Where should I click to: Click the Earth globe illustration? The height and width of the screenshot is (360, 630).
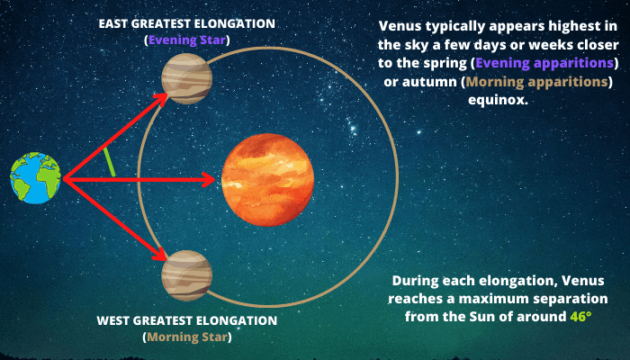[x=36, y=178]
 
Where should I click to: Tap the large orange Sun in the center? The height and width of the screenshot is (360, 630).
[x=267, y=180]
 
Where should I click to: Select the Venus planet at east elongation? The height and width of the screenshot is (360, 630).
[x=187, y=79]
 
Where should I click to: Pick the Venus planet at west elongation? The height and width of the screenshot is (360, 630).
[x=187, y=275]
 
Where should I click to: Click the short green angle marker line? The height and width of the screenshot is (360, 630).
[x=109, y=162]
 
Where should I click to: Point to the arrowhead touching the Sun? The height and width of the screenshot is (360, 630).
[x=209, y=180]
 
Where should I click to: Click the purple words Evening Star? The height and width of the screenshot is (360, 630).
[x=187, y=40]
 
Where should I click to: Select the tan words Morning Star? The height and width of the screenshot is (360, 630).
[x=187, y=337]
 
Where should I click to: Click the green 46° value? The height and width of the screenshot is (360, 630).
[x=581, y=316]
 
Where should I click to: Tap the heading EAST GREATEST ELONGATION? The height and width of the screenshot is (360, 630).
[x=187, y=23]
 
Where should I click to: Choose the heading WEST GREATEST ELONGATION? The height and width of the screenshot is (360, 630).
[x=187, y=320]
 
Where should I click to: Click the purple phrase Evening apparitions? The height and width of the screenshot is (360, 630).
[x=544, y=63]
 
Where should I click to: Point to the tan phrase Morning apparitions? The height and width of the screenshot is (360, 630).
[x=536, y=82]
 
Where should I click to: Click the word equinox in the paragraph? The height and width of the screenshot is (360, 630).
[x=499, y=100]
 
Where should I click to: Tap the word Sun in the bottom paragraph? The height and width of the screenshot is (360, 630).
[x=480, y=317]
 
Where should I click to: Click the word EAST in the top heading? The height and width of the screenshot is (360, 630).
[x=113, y=23]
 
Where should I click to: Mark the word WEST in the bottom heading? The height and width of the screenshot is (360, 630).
[x=112, y=320]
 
